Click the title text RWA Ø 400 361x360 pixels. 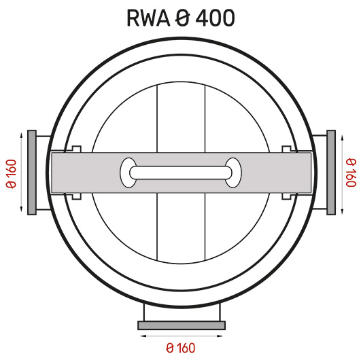181,18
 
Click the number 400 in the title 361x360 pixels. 215,18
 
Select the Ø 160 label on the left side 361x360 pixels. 12,174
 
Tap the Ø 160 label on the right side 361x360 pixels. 351,173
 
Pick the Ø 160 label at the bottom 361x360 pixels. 181,348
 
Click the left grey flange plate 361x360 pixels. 32,173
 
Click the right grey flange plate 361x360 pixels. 331,173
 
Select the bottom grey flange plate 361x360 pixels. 182,325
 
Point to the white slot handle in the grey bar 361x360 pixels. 181,173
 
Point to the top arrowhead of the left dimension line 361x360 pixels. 21,135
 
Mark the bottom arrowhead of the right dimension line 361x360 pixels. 343,211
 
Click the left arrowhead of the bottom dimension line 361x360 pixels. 143,336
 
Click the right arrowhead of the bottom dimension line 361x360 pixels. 220,336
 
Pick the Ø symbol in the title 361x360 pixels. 183,18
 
